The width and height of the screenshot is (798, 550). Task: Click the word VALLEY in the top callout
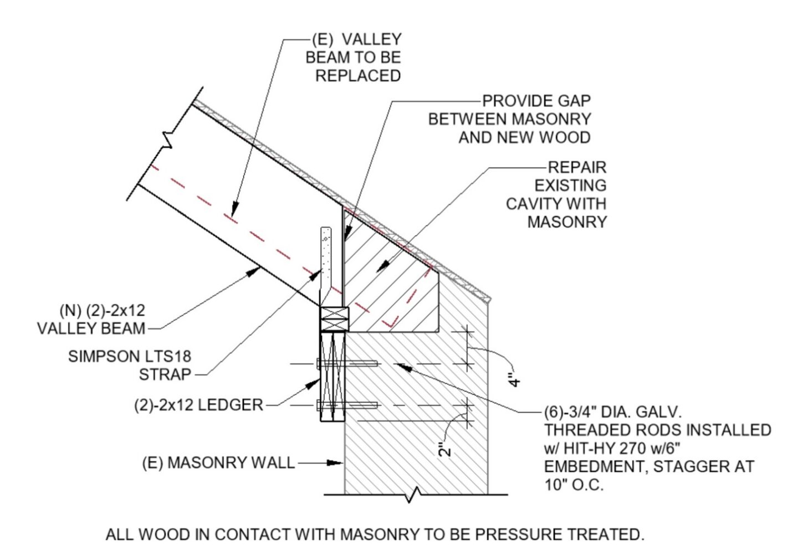pos(371,39)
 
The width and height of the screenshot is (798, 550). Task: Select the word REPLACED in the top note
pos(358,76)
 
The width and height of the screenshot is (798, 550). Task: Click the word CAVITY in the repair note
pos(531,204)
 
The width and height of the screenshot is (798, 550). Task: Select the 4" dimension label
pos(514,379)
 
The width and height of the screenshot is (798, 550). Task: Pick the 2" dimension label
pos(445,450)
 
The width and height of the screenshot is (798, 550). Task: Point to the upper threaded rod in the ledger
pos(347,363)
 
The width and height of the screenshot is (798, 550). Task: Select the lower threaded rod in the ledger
pos(347,405)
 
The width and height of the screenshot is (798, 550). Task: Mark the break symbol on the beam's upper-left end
pos(167,140)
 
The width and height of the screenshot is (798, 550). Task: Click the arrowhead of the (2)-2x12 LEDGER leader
pos(314,383)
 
